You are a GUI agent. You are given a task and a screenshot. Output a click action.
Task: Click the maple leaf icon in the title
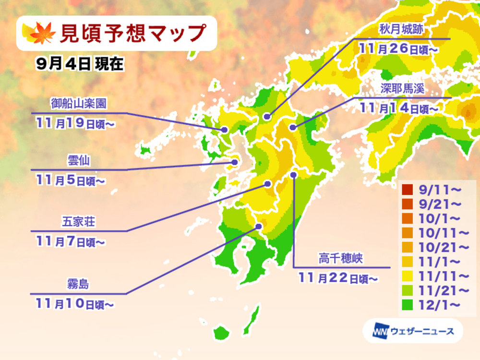pos(34,33)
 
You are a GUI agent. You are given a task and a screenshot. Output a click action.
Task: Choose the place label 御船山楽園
pos(78,104)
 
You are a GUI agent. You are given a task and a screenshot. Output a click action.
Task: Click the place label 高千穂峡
pos(339,259)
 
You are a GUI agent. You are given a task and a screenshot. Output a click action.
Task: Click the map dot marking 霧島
pos(259,226)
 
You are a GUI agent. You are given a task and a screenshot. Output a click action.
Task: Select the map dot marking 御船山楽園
pos(224,130)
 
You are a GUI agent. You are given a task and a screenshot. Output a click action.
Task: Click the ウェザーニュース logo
pos(413,331)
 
